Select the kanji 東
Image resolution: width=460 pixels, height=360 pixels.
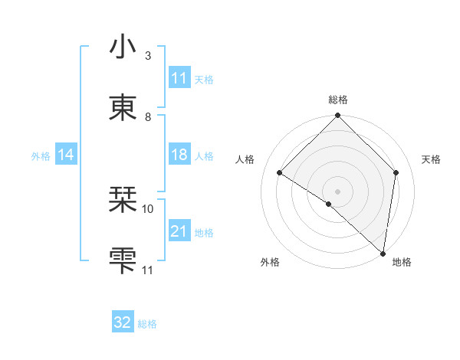[x=123, y=107]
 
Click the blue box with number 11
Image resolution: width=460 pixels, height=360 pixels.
[x=179, y=78]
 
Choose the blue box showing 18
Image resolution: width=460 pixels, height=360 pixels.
[x=179, y=155]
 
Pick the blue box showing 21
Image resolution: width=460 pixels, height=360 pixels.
[x=179, y=231]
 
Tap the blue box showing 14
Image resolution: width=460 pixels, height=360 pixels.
[x=66, y=155]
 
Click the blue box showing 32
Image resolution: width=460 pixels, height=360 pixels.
[x=123, y=322]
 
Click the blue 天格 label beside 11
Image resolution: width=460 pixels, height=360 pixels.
[x=204, y=79]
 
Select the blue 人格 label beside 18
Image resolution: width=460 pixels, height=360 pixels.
[x=204, y=156]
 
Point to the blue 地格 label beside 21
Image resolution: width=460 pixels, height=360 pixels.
[x=204, y=232]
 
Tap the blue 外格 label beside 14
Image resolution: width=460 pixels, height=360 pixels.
[x=41, y=156]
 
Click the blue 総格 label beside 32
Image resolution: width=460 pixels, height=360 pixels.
[x=147, y=323]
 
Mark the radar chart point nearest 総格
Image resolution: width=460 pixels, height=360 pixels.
[x=337, y=116]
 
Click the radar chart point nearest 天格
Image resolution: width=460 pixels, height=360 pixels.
[x=396, y=172]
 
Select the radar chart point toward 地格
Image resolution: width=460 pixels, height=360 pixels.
[x=383, y=254]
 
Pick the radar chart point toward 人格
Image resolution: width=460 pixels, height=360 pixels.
[x=280, y=173]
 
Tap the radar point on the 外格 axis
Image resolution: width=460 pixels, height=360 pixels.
[x=329, y=204]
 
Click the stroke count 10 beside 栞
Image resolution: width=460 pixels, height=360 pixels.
[x=148, y=208]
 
